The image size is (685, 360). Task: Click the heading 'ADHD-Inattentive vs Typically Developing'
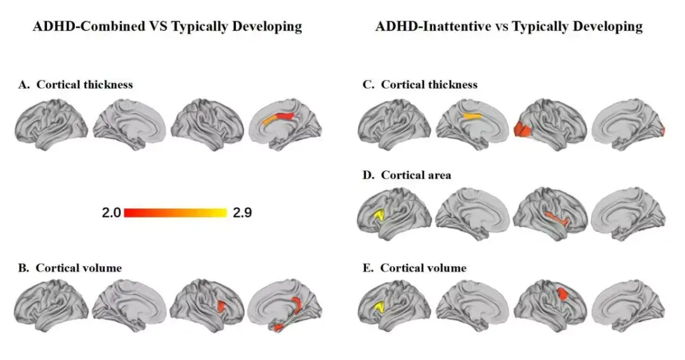click(509, 27)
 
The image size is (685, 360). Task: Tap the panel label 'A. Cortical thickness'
click(75, 84)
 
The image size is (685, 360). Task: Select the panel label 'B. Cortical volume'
click(70, 267)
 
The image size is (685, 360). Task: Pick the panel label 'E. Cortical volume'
click(412, 267)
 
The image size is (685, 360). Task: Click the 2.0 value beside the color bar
click(112, 213)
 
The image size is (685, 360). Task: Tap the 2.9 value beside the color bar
click(242, 213)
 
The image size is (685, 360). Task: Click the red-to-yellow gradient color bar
click(176, 212)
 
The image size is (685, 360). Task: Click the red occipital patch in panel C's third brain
click(523, 130)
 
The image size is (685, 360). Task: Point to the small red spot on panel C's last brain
click(662, 132)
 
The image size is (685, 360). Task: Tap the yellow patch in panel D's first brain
click(381, 215)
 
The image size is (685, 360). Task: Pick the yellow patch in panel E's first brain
click(381, 307)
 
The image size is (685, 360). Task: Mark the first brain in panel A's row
click(50, 125)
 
